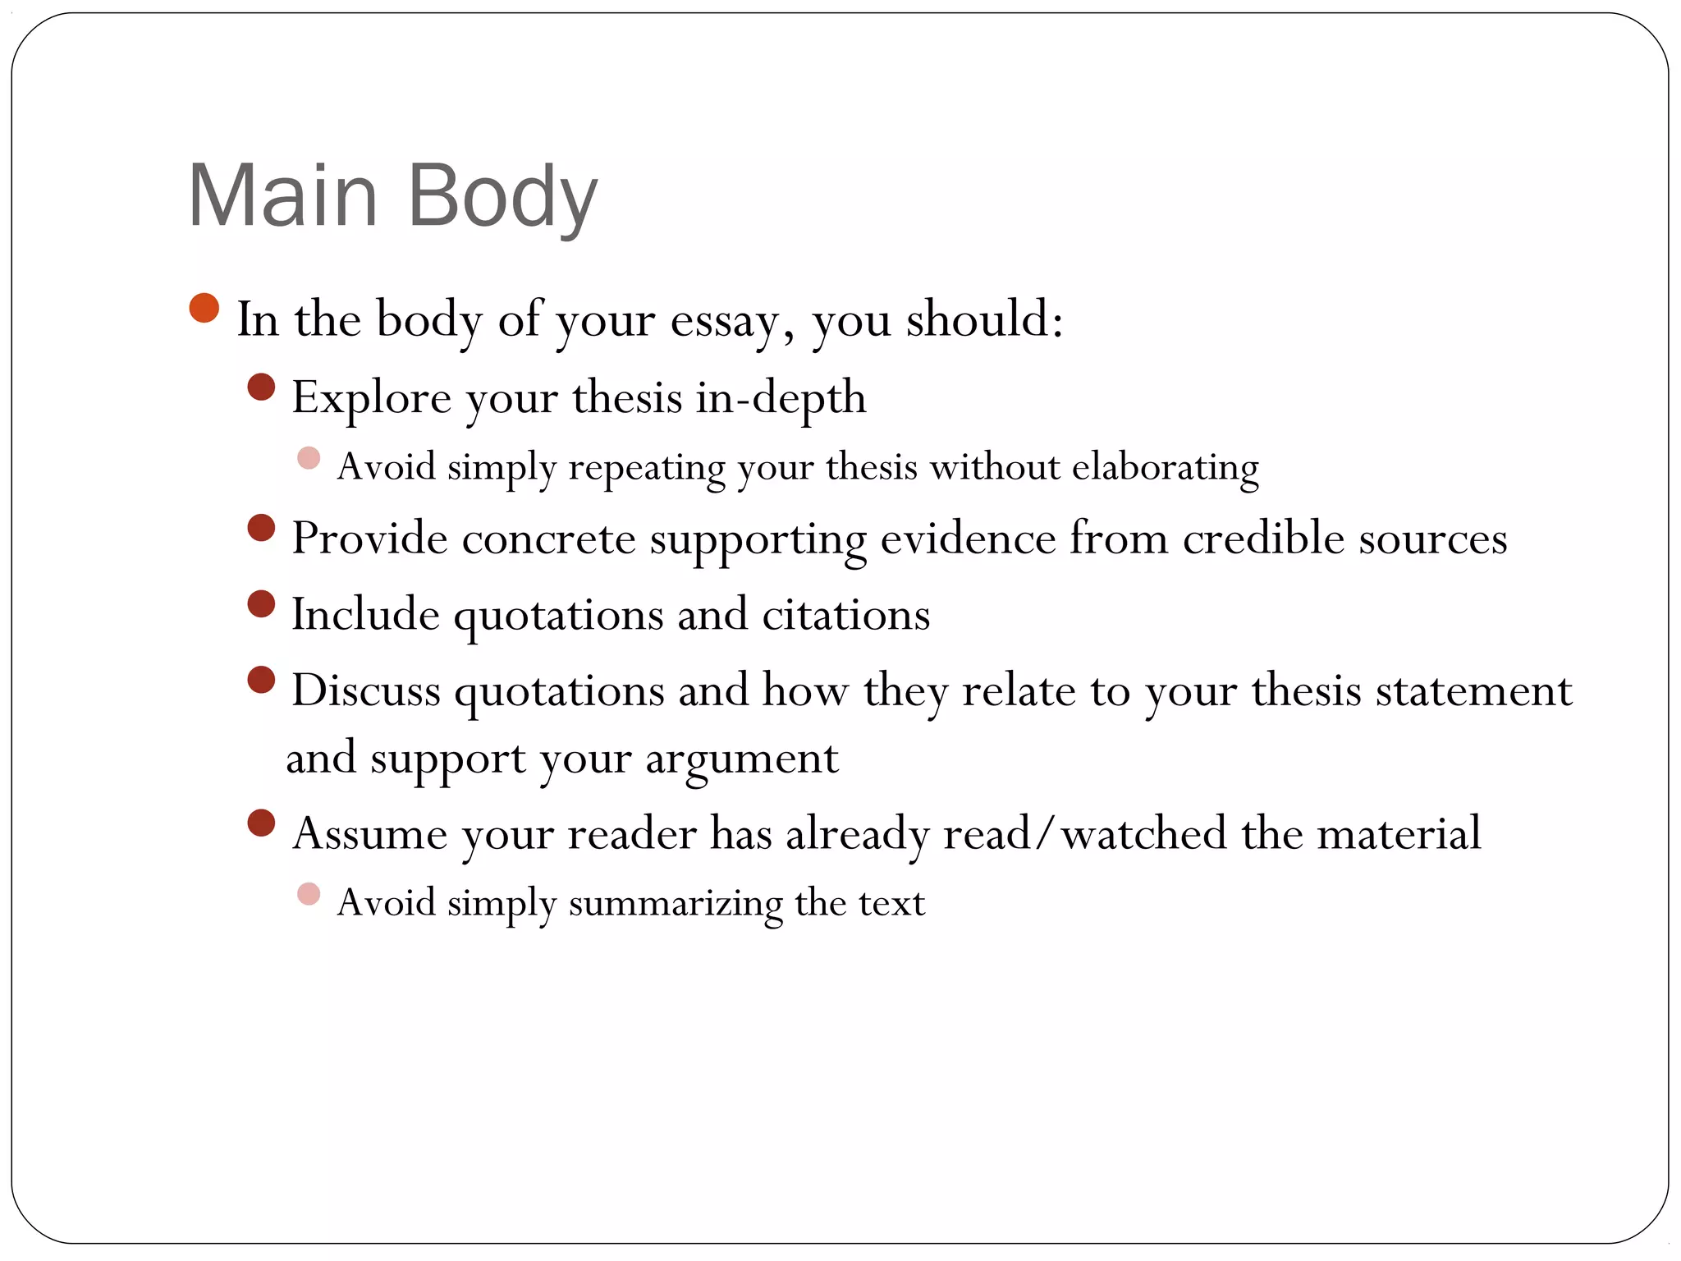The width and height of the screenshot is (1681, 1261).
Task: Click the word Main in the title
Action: coord(282,197)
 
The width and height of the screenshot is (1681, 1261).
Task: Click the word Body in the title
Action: coord(502,197)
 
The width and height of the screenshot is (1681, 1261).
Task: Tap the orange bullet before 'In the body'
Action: coord(204,309)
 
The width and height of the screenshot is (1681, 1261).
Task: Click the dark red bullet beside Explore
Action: coord(261,387)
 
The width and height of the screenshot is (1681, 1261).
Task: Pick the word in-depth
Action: coord(781,398)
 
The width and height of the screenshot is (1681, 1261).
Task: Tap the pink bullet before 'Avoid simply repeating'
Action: coord(309,458)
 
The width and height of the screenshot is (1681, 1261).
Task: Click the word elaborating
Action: coord(1165,468)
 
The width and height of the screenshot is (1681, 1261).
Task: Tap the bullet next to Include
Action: coord(261,604)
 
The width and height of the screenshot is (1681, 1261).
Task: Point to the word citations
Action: coord(845,615)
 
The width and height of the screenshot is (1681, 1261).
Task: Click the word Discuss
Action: coord(366,690)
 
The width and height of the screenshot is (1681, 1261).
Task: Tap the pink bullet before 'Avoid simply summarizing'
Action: coord(309,894)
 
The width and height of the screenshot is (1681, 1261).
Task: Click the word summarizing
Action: coord(675,904)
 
